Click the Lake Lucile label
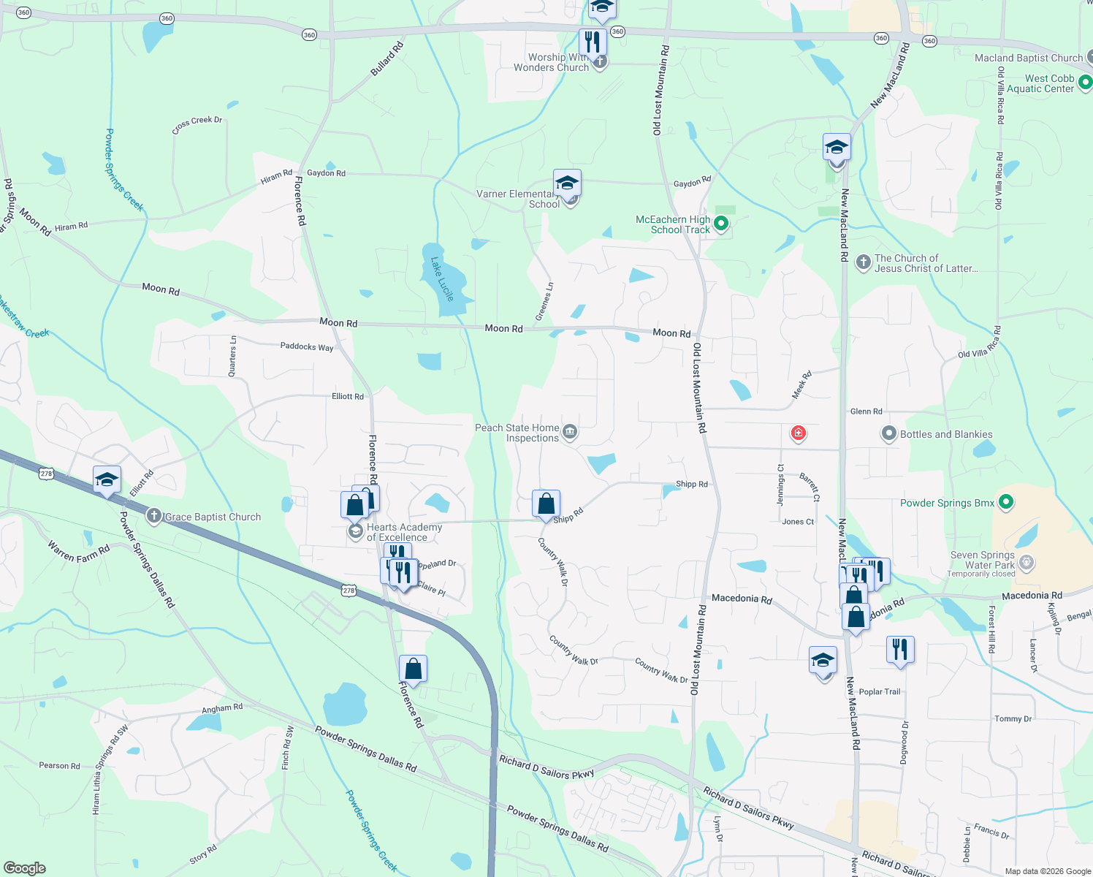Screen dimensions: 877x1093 (442, 278)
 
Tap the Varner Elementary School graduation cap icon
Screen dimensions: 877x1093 (567, 183)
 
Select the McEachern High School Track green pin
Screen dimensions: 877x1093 (721, 224)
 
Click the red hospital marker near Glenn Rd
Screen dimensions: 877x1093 (799, 433)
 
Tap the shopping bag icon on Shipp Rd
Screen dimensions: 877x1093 (546, 504)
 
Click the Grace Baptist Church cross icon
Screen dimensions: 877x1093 (153, 516)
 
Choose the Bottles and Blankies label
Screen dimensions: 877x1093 (946, 434)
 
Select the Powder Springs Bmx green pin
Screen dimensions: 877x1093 (1006, 502)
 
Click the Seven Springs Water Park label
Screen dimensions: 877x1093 (983, 560)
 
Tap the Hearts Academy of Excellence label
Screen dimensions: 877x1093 (404, 532)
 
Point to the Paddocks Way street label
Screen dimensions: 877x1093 (307, 346)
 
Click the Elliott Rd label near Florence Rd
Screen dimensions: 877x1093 (348, 396)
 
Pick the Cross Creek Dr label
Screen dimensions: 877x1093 (197, 125)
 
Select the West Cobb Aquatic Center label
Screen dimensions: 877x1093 (1041, 83)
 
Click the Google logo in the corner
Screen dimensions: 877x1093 (25, 867)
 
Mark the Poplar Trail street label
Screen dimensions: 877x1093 (880, 691)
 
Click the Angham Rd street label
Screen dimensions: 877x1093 (222, 708)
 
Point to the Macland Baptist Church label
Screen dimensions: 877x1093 (1029, 58)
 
